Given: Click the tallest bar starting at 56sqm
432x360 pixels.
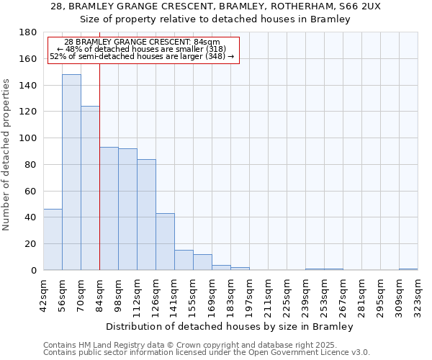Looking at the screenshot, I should coord(71,172).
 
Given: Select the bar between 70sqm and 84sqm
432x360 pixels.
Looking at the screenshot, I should coord(90,188).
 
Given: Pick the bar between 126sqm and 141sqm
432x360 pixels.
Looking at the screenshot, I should coord(165,242).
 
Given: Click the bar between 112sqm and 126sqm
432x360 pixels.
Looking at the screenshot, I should coord(146,215).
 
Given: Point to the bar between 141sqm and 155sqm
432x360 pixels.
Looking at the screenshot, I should coord(184,260).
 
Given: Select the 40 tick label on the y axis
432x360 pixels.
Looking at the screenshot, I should coord(31,217).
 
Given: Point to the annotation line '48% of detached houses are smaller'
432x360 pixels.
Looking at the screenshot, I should coord(142,49).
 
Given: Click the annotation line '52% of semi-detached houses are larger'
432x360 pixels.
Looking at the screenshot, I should coord(142,56).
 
